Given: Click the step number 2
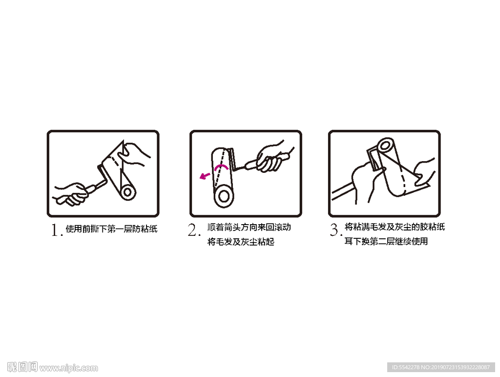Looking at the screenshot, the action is tap(193, 230).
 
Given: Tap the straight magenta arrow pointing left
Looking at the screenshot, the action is tap(205, 176).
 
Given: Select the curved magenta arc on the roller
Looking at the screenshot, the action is tap(221, 166).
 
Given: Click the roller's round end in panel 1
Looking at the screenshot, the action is tap(128, 192).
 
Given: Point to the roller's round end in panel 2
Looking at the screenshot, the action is tap(224, 196).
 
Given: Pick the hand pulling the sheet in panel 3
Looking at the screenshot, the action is tap(424, 172).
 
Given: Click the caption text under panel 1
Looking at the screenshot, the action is tap(112, 229).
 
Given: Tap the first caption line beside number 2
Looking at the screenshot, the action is tap(249, 227).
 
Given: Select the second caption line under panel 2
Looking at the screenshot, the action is tap(241, 241).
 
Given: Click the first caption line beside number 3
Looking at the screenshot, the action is tap(395, 227).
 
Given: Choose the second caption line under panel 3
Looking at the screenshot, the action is tap(386, 241).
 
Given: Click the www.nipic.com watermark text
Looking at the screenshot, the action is tap(68, 368).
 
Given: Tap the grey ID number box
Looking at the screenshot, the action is tap(441, 367).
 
